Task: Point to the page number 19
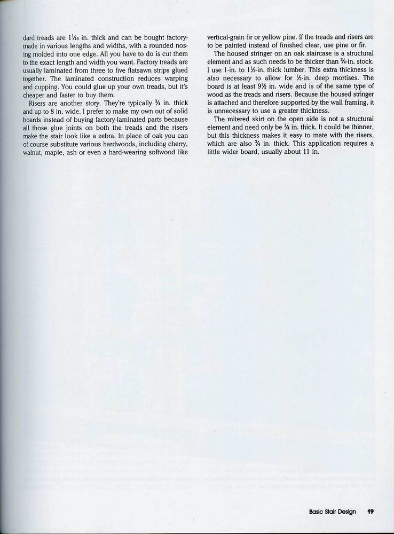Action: pyautogui.click(x=371, y=512)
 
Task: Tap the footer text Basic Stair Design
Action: pyautogui.click(x=332, y=512)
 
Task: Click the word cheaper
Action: pyautogui.click(x=36, y=95)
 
